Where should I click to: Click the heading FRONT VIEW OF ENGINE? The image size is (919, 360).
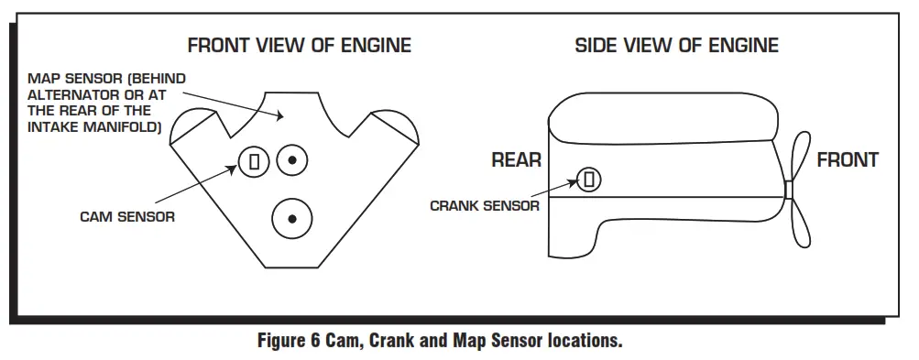point(299,45)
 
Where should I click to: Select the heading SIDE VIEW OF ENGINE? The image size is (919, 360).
point(676,45)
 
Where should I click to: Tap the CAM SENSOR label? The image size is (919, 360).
point(127,217)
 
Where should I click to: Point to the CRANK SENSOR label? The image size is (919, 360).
point(484,206)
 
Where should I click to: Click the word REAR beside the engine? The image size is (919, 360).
point(517,160)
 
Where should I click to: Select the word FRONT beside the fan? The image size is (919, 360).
point(848,160)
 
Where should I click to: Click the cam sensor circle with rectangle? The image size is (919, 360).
point(255,161)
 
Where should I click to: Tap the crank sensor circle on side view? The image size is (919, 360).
point(590,180)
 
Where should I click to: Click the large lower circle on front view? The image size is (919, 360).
point(292,218)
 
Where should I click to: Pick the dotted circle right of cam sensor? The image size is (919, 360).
point(292,160)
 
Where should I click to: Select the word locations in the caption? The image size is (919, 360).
point(587,342)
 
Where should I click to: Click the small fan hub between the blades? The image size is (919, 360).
point(787,190)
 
